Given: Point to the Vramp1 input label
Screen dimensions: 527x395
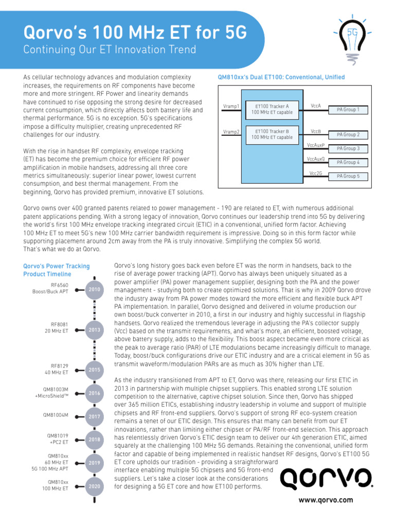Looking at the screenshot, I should pos(231,107).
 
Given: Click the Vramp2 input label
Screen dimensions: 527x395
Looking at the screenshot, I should pos(231,132).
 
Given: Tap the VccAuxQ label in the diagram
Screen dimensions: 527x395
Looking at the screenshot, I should pos(315,159).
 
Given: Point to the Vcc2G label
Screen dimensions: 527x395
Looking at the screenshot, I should pos(315,173).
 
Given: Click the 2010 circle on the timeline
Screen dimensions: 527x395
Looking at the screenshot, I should pos(94,290).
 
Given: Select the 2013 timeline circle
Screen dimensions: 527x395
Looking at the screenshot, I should pos(94,329).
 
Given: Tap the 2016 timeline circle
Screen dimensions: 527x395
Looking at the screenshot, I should pos(94,393).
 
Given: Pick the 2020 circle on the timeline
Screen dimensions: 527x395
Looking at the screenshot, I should pos(94,486).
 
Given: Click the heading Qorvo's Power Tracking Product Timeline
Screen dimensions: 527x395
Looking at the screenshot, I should pos(57,270).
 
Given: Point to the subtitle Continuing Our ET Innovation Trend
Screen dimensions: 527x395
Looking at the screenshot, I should pos(110,50).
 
